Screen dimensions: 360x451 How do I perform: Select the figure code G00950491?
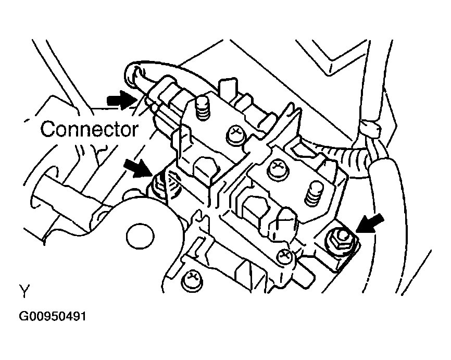[x=53, y=317]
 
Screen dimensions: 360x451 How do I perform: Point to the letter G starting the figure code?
[x=24, y=317]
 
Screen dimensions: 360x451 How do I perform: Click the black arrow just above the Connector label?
[x=119, y=100]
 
